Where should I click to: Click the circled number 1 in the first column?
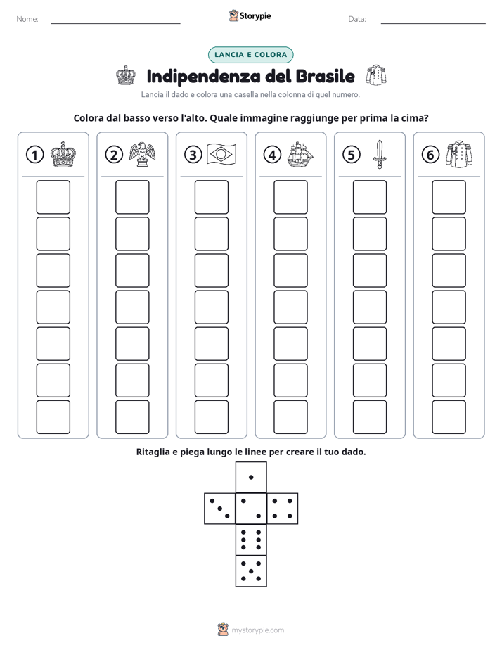[34, 155]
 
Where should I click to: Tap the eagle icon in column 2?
[142, 154]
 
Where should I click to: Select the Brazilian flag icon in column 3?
[221, 155]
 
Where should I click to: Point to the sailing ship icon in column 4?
[300, 155]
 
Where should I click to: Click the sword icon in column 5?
[380, 154]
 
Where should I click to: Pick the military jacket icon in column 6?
[459, 154]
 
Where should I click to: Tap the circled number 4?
[272, 155]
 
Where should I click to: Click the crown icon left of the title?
[125, 75]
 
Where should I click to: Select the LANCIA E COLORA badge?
[250, 55]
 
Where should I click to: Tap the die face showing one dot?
[251, 477]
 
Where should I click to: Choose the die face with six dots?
[251, 540]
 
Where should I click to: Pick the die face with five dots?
[251, 571]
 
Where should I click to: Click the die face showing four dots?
[283, 509]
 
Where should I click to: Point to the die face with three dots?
[219, 509]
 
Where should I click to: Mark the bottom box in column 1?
[53, 417]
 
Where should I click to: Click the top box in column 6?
[449, 197]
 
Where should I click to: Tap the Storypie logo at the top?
[250, 15]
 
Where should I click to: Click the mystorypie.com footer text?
[257, 630]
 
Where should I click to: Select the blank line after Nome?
[115, 23]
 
